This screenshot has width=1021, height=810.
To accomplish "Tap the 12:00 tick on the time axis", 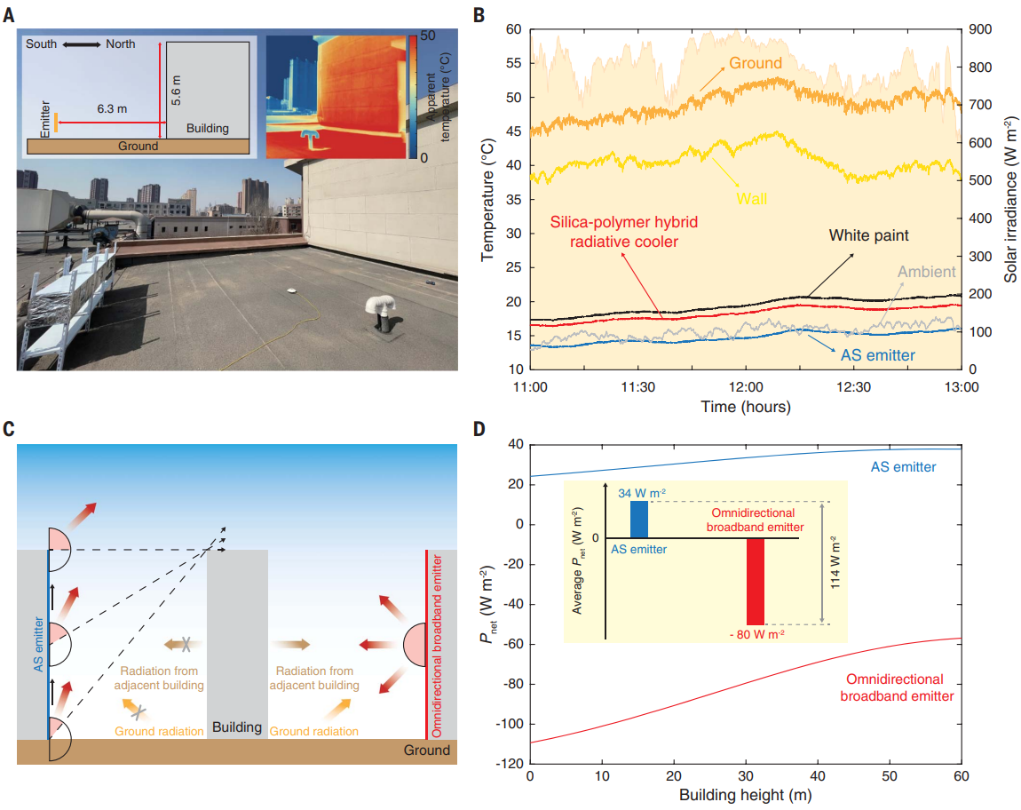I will [x=745, y=387].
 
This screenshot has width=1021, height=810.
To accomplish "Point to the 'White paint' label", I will [x=869, y=236].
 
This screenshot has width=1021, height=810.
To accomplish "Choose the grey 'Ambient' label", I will [x=926, y=272].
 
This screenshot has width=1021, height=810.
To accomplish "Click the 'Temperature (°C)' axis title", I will [x=488, y=199].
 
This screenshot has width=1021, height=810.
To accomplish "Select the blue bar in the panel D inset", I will [x=639, y=520].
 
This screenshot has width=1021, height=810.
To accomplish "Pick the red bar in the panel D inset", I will [x=755, y=582].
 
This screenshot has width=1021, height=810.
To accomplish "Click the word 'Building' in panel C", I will [x=237, y=727].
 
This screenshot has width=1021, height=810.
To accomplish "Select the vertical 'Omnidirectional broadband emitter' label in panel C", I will [x=435, y=644].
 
